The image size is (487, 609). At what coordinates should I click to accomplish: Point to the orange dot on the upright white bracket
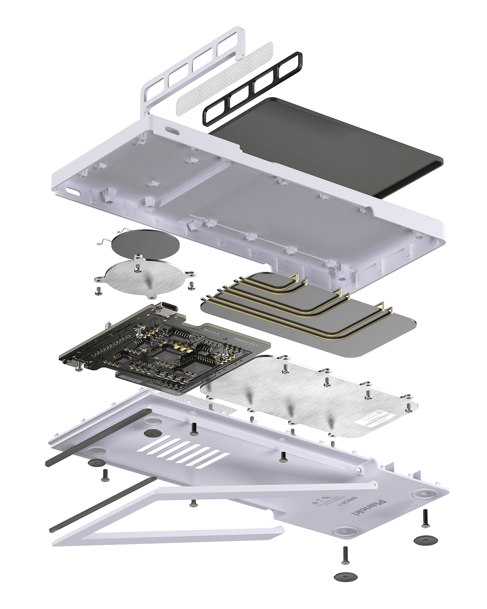pos(242,52)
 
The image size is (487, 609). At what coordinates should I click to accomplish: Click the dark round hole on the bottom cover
pos(151,433)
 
